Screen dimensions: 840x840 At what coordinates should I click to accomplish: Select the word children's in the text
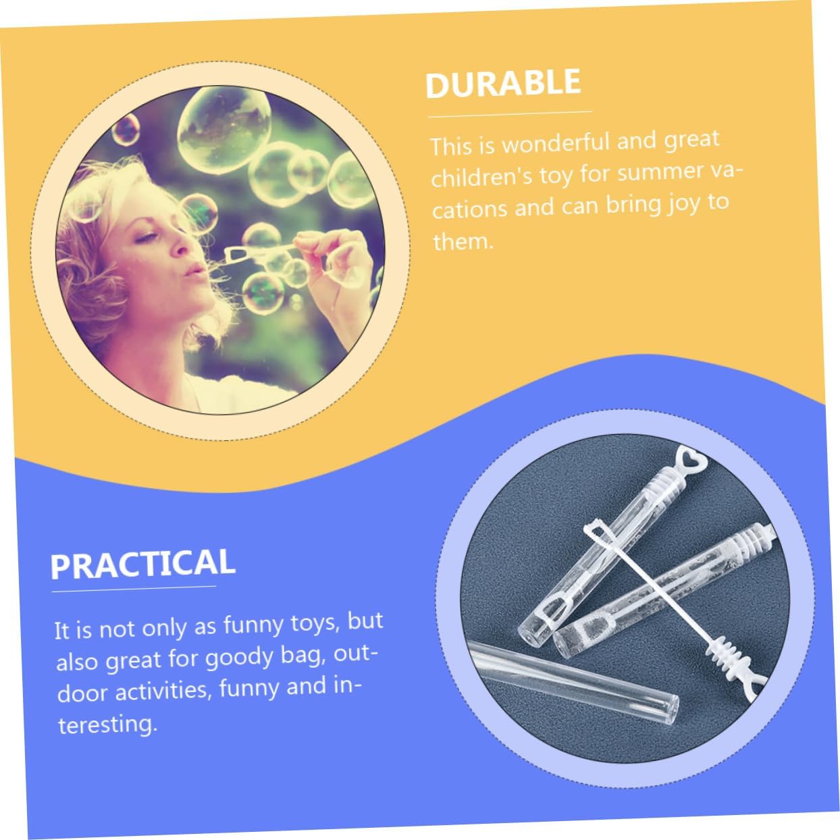click(x=481, y=176)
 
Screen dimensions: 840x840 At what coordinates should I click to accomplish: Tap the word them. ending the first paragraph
click(x=463, y=241)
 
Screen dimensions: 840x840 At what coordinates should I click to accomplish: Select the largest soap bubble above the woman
click(x=224, y=130)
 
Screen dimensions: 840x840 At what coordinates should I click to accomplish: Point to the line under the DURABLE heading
click(x=510, y=114)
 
